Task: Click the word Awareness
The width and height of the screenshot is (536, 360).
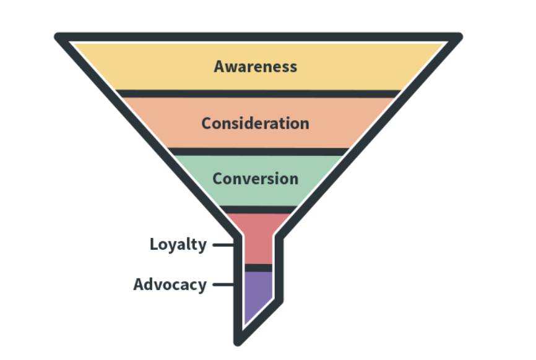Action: (x=255, y=66)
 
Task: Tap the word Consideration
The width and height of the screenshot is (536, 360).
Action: (x=255, y=122)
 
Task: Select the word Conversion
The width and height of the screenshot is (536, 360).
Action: (x=255, y=178)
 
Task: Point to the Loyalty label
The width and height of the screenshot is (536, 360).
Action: (x=178, y=244)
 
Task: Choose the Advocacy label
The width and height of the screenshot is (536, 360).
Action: (x=170, y=285)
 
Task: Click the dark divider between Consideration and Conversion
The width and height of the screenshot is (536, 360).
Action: (x=258, y=152)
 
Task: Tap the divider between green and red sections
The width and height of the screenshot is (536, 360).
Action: (x=258, y=209)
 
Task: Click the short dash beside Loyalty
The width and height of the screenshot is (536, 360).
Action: (x=221, y=245)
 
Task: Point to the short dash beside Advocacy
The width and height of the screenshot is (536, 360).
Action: (x=221, y=285)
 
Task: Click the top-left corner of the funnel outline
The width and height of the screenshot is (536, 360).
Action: (x=59, y=36)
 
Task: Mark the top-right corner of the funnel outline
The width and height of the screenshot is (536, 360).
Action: (x=458, y=36)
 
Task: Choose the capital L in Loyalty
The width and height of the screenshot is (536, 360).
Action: (x=154, y=244)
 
